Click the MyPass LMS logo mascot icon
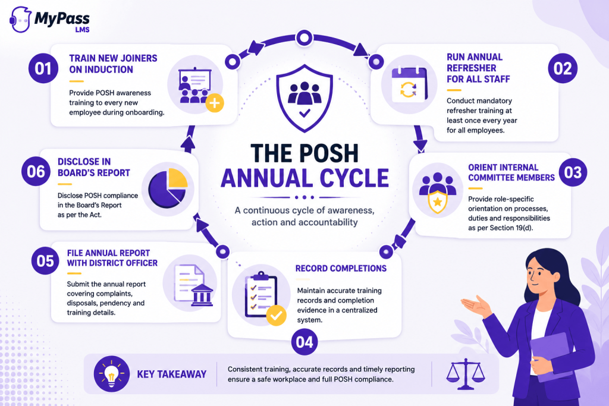[x=20, y=20]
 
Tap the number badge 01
[x=43, y=69]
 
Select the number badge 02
[x=563, y=69]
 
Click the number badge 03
[x=573, y=172]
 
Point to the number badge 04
[x=304, y=342]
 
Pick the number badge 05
[x=45, y=261]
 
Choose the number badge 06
[x=36, y=171]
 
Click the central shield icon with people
[x=304, y=98]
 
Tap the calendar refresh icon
[x=409, y=84]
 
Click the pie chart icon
[x=168, y=188]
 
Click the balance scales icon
[x=465, y=374]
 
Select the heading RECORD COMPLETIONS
[x=341, y=268]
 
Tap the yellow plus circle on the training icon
[x=214, y=103]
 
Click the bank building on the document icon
[x=202, y=295]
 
